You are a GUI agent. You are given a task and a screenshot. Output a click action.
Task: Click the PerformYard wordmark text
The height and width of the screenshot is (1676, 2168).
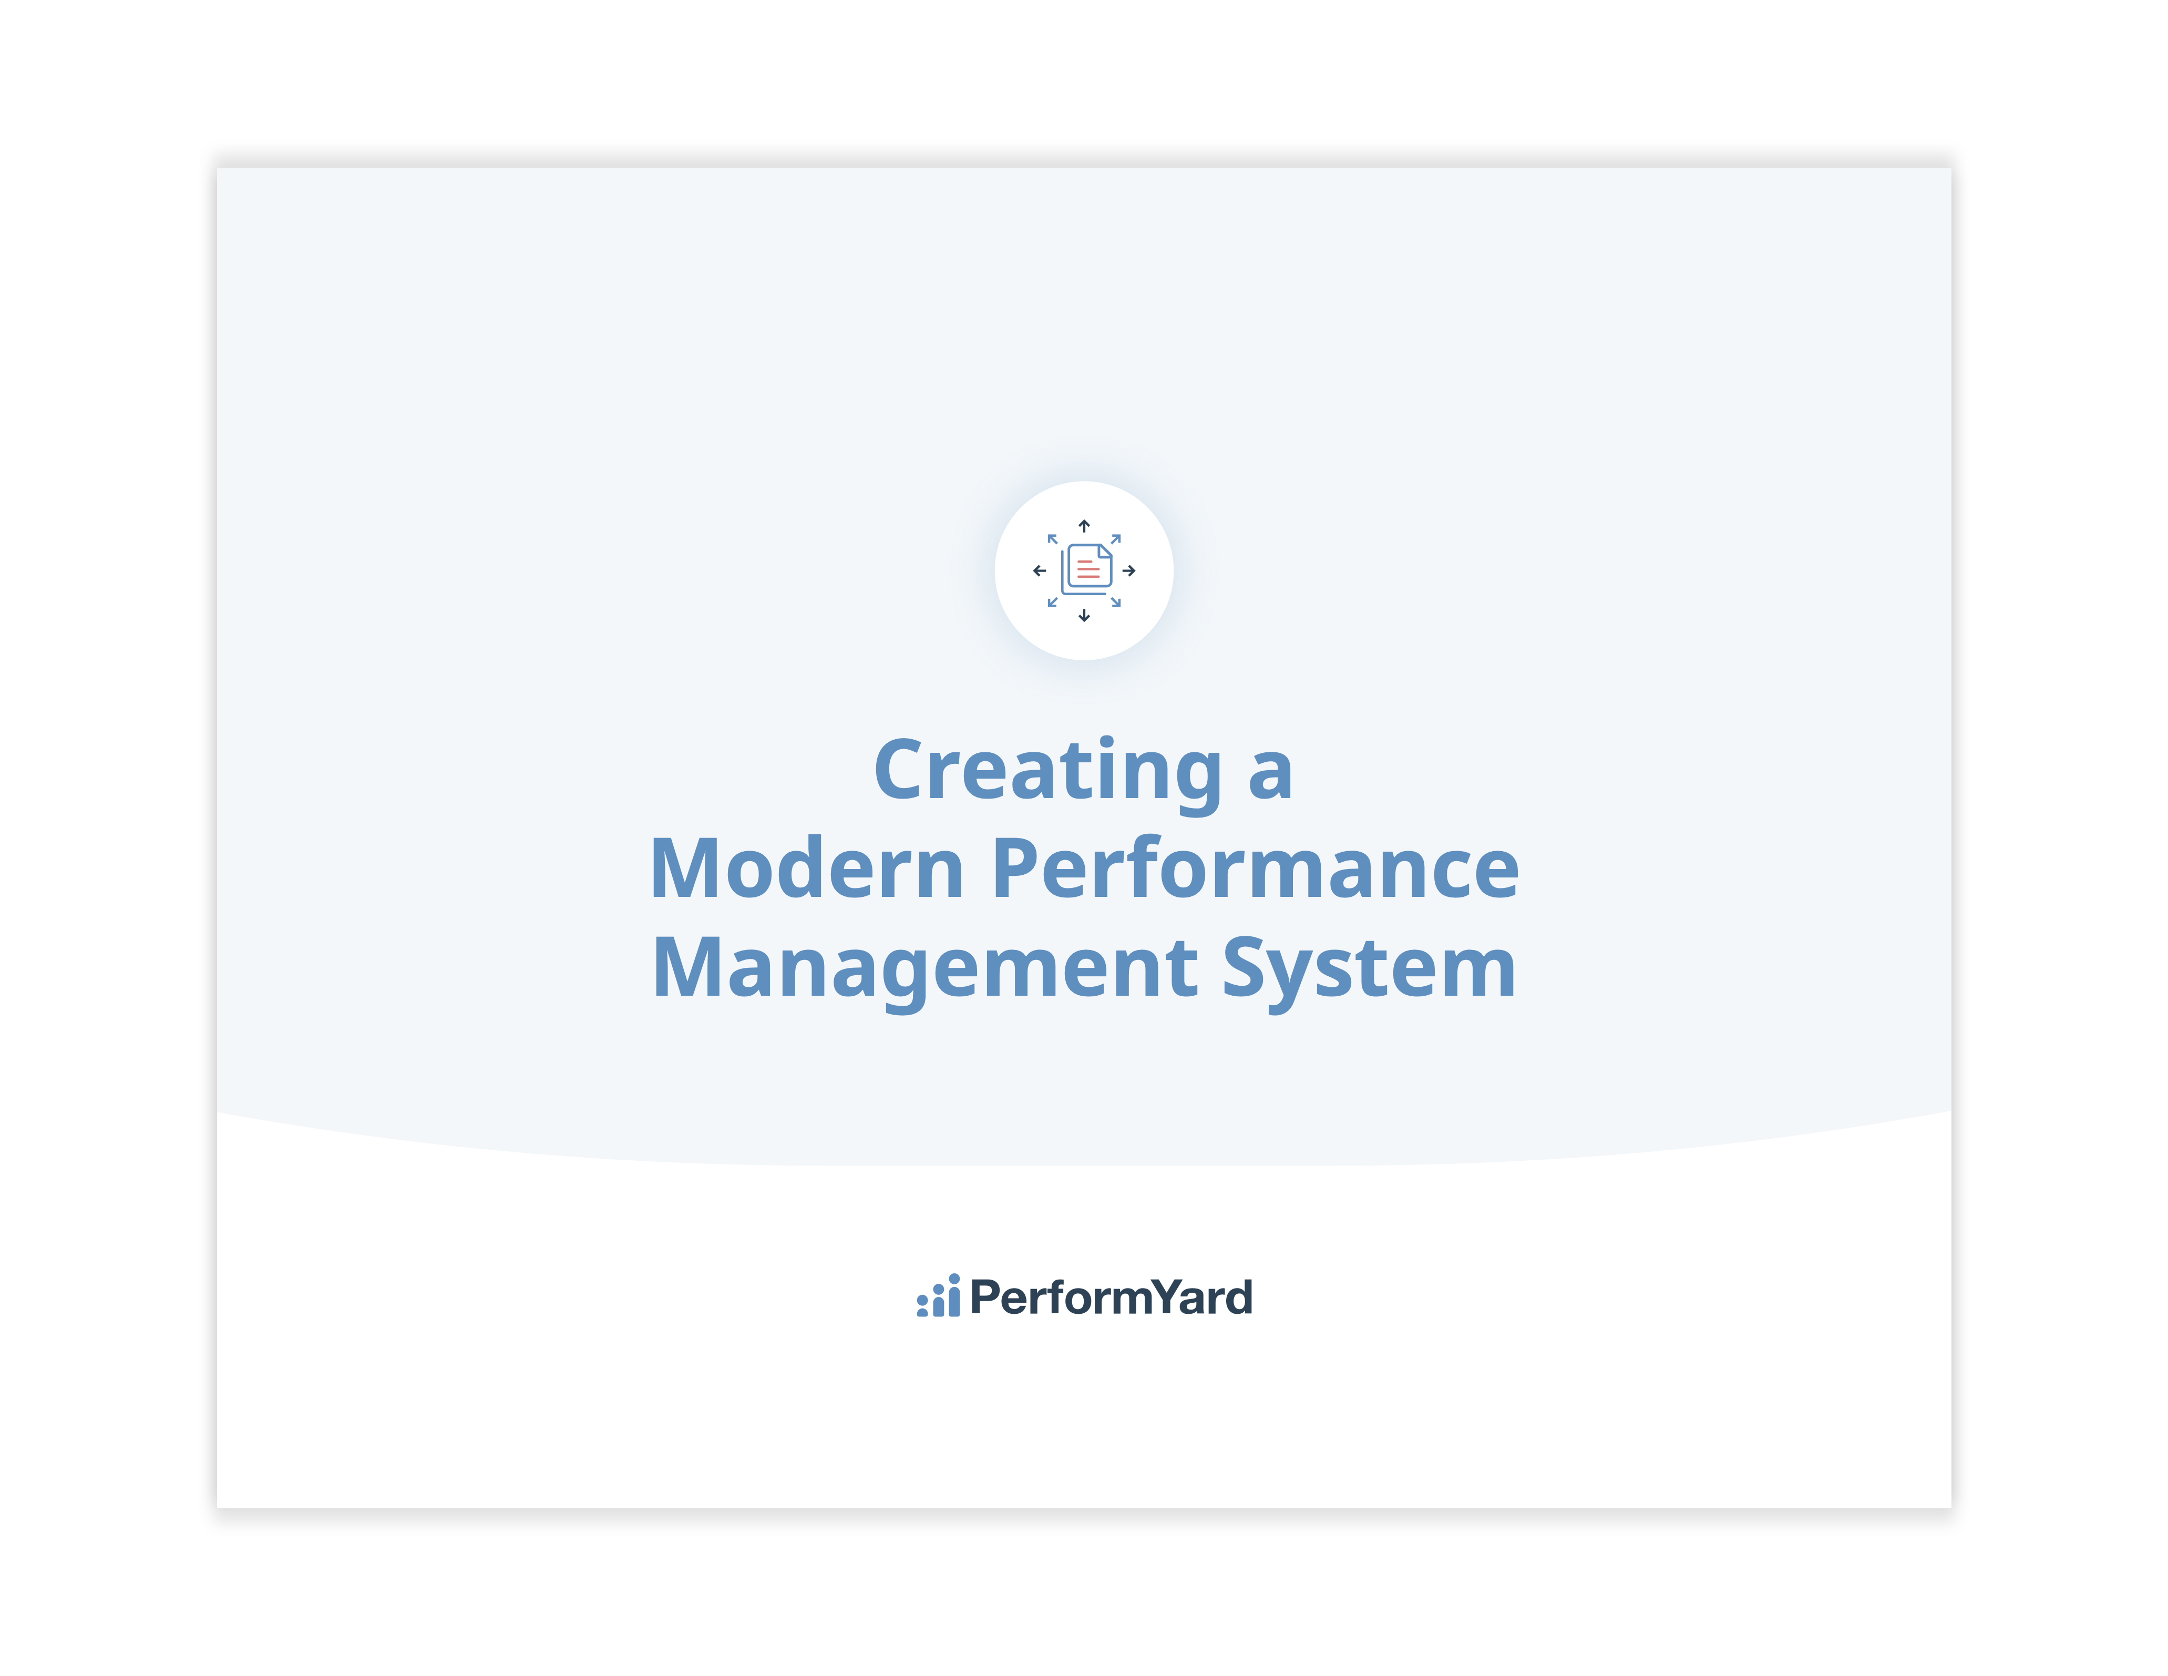pos(1111,1297)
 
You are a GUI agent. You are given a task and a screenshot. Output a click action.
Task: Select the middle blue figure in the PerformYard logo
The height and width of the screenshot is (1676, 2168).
pos(938,1301)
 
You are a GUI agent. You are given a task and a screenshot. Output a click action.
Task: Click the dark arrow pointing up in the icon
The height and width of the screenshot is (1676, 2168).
pos(1084,526)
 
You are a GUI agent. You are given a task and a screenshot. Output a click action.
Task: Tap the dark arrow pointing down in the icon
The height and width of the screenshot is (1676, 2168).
pos(1084,616)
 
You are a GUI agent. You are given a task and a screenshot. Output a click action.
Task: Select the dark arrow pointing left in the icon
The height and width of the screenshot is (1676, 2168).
pos(1040,571)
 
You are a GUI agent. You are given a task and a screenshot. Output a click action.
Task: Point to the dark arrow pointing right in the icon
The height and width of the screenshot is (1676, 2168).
pos(1128,571)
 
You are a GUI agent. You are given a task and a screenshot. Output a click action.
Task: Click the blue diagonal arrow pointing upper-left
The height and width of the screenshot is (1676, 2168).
pos(1052,539)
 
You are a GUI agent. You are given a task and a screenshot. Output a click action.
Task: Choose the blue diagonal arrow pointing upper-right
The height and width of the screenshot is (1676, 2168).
pos(1116,539)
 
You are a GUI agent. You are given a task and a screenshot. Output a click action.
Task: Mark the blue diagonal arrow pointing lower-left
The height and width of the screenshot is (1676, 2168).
pos(1052,602)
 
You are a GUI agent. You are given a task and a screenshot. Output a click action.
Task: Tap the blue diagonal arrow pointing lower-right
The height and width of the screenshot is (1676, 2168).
pos(1116,602)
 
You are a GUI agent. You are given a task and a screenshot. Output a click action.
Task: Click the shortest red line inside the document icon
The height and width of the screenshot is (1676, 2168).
pos(1085,562)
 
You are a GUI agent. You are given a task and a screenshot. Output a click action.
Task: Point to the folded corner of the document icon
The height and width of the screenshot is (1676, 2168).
pos(1105,551)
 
